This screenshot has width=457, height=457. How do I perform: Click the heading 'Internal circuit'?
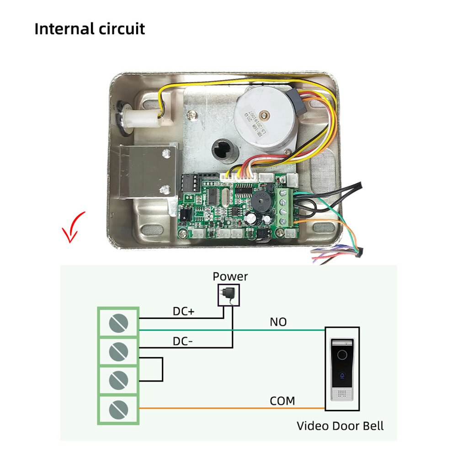click(90, 28)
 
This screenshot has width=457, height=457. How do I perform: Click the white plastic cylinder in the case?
click(140, 119)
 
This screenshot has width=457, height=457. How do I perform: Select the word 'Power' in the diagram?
click(230, 276)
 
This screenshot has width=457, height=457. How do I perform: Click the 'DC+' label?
click(184, 312)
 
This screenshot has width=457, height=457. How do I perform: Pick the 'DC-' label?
click(184, 341)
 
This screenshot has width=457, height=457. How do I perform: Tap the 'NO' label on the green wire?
click(278, 322)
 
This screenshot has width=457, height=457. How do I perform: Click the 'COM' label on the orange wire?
click(282, 401)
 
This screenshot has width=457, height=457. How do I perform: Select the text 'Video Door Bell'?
click(340, 426)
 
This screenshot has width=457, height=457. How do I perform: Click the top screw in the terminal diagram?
click(118, 324)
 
